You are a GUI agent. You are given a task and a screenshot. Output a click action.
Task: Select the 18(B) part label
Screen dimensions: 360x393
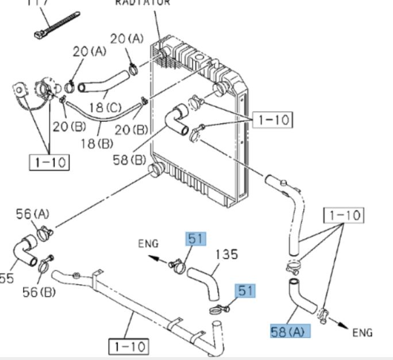pyautogui.click(x=95, y=144)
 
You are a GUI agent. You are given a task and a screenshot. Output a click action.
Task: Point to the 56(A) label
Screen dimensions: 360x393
pyautogui.click(x=32, y=214)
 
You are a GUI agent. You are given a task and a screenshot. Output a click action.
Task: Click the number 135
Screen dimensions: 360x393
pyautogui.click(x=226, y=254)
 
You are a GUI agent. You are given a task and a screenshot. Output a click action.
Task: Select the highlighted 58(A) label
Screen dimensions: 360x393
pyautogui.click(x=290, y=331)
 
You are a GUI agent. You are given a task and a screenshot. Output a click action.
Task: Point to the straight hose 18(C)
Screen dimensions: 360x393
pyautogui.click(x=104, y=83)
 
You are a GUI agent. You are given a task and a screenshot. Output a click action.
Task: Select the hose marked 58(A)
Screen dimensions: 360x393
pyautogui.click(x=302, y=298)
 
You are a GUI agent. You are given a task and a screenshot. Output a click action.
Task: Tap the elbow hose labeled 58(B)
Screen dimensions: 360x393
pyautogui.click(x=175, y=121)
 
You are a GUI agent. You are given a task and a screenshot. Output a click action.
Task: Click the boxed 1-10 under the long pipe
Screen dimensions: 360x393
pyautogui.click(x=129, y=347)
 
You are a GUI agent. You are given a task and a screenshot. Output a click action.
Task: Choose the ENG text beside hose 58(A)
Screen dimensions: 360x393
pyautogui.click(x=362, y=332)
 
